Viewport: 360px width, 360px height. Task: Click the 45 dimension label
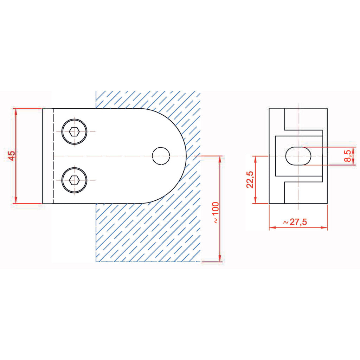12,155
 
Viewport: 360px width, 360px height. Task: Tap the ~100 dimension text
216,213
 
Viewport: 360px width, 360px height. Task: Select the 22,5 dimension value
250,180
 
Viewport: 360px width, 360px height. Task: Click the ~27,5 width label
295,222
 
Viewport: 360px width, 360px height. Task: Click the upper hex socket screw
74,132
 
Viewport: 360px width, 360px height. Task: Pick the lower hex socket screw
74,180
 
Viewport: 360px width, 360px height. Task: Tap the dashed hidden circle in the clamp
161,156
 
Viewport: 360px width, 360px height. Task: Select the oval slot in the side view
298,156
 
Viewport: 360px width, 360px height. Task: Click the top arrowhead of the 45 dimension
15,111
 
